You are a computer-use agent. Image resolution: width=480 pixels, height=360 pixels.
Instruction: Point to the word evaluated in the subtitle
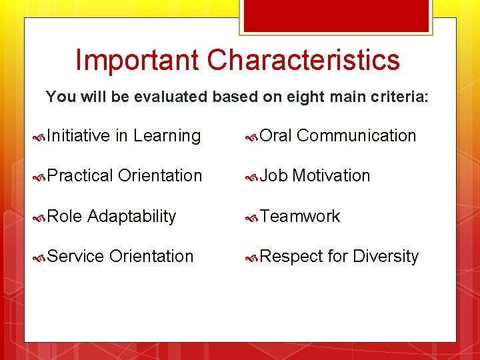pos(170,97)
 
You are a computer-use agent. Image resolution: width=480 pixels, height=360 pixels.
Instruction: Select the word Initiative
pos(79,136)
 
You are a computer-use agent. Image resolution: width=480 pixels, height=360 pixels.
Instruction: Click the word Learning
pos(167,136)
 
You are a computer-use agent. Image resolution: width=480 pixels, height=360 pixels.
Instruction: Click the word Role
pos(65,217)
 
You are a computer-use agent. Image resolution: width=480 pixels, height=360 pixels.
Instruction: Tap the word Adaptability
pos(131,217)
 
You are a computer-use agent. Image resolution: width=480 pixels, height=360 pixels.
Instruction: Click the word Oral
pos(275,136)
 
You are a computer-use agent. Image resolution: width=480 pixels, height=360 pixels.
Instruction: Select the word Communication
pos(356,136)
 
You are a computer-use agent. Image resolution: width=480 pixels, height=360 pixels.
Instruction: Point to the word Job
pos(273,176)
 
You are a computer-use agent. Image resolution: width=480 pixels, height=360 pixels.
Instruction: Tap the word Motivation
pos(331,176)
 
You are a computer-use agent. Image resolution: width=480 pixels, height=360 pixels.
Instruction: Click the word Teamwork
pos(300,217)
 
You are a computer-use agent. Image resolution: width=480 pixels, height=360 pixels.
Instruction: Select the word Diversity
pos(385,257)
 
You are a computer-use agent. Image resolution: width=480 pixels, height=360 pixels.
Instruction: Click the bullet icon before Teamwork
pos(251,217)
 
